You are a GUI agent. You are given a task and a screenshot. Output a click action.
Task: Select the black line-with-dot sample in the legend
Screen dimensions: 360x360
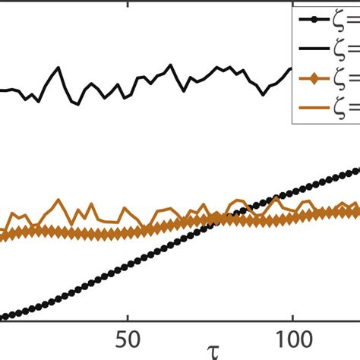click(316, 20)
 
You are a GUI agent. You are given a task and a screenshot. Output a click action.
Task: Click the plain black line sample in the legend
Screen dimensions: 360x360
click(316, 48)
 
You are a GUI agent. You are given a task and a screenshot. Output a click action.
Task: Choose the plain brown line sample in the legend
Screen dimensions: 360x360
click(316, 106)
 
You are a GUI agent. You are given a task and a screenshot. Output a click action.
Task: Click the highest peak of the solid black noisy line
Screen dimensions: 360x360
click(58, 68)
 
